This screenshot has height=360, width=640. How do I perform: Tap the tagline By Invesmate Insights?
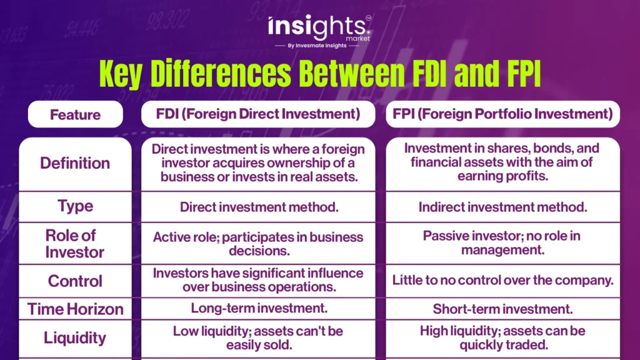click(317, 46)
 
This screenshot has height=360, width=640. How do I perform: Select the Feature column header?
click(75, 115)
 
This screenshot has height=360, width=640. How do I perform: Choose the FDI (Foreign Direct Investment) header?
click(258, 114)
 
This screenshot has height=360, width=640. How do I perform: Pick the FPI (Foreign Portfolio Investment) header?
click(502, 114)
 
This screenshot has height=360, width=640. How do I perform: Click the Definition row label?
click(75, 163)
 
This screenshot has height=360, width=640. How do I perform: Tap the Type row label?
click(75, 206)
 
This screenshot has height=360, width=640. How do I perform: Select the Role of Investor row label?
click(75, 244)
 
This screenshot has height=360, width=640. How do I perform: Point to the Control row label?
click(75, 281)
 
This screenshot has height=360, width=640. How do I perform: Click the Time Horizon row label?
click(75, 309)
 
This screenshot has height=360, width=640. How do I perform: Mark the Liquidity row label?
click(75, 338)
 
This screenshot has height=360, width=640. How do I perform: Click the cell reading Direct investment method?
click(259, 207)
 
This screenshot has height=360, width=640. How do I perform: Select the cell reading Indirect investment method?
click(503, 207)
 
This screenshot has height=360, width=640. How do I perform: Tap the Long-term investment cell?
click(259, 308)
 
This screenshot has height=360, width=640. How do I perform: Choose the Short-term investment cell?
click(503, 309)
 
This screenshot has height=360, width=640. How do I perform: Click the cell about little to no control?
click(503, 280)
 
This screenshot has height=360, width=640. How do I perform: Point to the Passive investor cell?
click(502, 242)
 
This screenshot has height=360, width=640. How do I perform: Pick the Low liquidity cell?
click(258, 338)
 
